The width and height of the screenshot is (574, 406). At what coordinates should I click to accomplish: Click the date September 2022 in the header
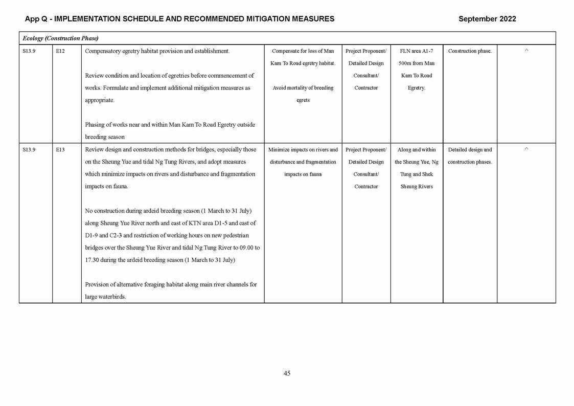click(487, 19)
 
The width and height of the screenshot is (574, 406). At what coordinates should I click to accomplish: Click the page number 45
click(287, 373)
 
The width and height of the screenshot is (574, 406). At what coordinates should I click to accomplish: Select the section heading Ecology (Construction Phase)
click(60, 38)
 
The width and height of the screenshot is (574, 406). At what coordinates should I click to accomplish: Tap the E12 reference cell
click(60, 51)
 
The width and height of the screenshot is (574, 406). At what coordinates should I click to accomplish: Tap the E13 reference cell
click(60, 150)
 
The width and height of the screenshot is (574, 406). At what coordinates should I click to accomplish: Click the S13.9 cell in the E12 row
click(29, 51)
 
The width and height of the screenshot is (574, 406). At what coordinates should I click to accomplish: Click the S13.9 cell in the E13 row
click(29, 150)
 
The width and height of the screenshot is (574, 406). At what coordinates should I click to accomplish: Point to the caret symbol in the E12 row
click(526, 51)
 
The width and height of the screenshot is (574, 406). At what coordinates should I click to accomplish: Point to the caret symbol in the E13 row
click(526, 149)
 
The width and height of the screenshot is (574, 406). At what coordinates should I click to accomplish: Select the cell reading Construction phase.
click(469, 51)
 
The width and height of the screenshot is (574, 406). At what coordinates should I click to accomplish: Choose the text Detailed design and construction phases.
click(469, 156)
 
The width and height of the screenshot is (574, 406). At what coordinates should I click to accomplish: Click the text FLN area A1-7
click(416, 51)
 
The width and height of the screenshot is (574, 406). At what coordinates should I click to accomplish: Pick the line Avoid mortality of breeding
click(303, 88)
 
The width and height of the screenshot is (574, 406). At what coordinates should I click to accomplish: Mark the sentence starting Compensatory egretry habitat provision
click(157, 51)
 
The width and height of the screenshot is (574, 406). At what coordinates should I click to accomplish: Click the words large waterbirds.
click(105, 297)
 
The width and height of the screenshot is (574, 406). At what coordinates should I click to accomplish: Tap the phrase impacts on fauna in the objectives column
click(303, 174)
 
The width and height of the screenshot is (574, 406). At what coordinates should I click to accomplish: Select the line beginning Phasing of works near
click(170, 125)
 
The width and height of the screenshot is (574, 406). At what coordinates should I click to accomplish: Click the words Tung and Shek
click(416, 174)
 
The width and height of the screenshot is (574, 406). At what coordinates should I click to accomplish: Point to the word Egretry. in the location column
click(416, 88)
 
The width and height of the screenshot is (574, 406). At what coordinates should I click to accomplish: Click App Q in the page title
click(36, 19)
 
